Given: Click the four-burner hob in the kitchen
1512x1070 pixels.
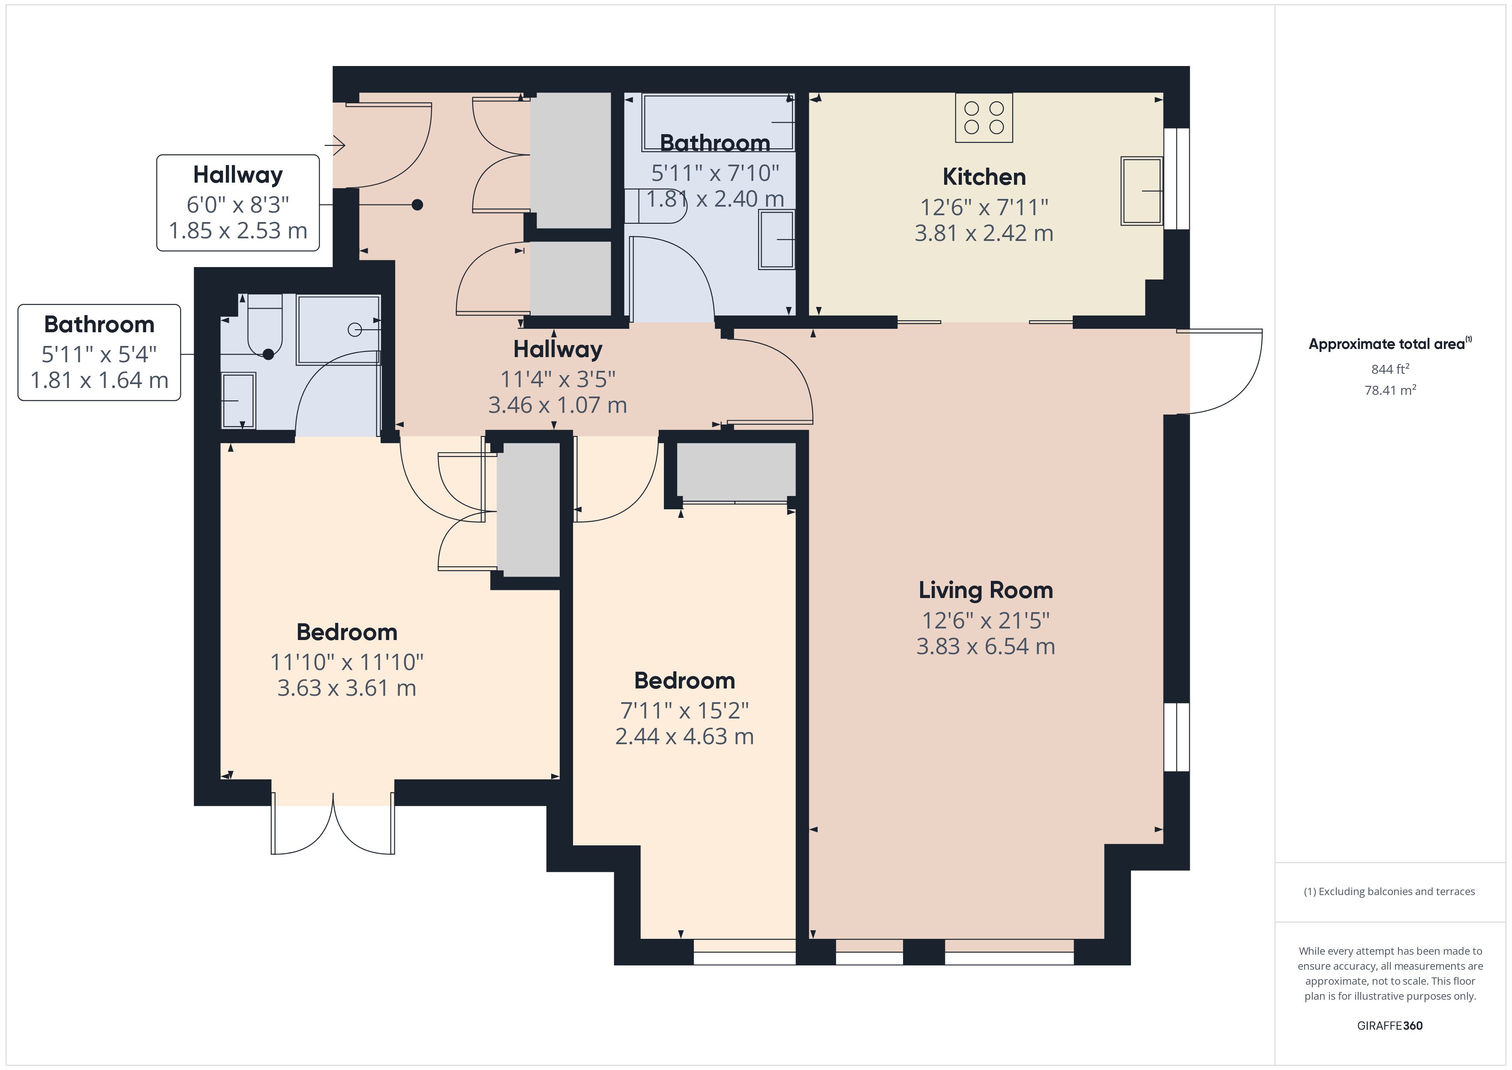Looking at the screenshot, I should (x=984, y=118).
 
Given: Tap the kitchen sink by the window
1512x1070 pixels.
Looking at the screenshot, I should (x=1142, y=191).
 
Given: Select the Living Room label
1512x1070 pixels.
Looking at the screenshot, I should (x=985, y=590).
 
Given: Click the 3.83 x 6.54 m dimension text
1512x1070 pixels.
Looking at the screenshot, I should (x=985, y=646).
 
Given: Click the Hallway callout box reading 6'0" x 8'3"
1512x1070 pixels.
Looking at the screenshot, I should (x=238, y=203).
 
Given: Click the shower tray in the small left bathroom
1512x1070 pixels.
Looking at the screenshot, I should (x=338, y=329).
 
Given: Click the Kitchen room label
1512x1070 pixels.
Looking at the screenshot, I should (x=984, y=177).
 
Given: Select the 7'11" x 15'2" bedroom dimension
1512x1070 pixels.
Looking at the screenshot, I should (x=684, y=710).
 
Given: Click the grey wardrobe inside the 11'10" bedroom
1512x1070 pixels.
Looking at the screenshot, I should (x=528, y=511).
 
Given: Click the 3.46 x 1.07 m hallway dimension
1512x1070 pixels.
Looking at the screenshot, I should (x=557, y=405).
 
